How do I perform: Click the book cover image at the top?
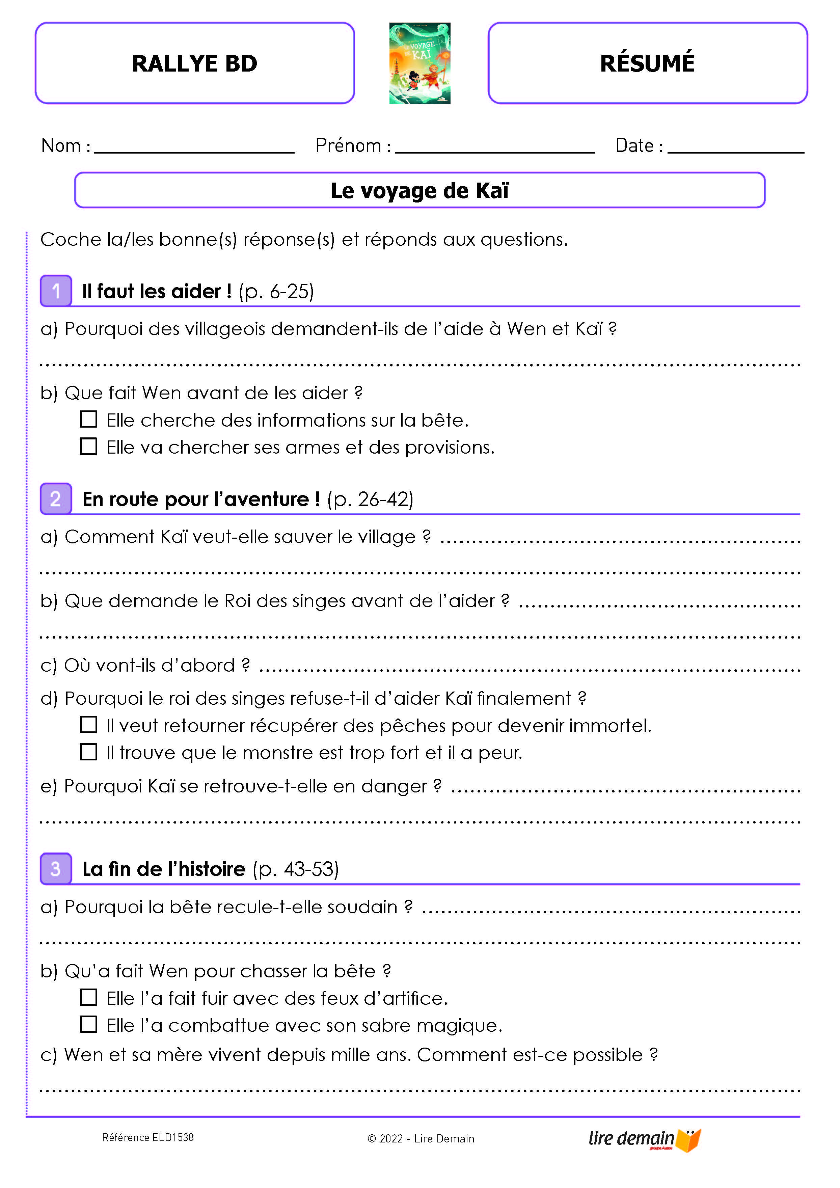[419, 63]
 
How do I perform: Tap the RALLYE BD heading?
[194, 64]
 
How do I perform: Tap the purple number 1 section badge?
[56, 291]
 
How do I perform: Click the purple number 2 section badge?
[56, 499]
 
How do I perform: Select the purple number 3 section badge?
[56, 868]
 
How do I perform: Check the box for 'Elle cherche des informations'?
[88, 419]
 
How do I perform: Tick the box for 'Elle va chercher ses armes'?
[88, 446]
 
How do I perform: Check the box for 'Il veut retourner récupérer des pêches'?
[88, 724]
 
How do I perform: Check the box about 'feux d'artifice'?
[88, 997]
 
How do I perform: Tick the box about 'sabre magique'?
[88, 1024]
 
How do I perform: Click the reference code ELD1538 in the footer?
[148, 1137]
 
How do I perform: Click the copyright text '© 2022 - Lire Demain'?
[421, 1138]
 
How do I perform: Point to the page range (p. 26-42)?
[370, 499]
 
